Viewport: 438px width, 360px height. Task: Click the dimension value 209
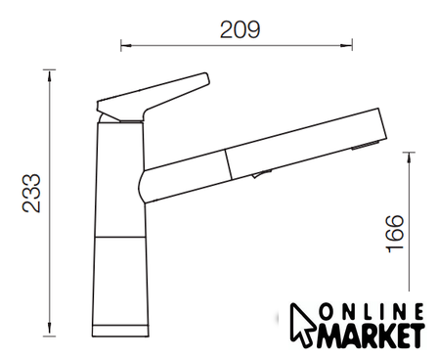coord(241,29)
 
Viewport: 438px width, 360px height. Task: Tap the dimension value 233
coord(31,194)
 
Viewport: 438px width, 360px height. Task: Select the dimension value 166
coord(395,234)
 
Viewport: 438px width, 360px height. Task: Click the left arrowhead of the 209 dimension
coord(126,45)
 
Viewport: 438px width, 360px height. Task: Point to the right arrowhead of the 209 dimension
coord(347,45)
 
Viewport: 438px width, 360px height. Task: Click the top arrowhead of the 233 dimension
coord(49,75)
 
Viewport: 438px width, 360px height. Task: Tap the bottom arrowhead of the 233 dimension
coord(49,329)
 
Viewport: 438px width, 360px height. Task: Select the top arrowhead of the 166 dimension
coord(409,157)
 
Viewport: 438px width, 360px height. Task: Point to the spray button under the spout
coord(261,174)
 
